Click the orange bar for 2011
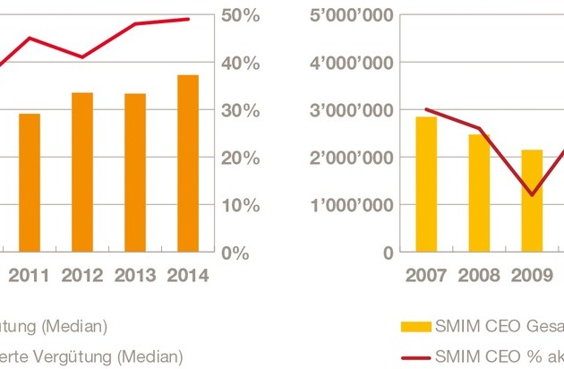[x=30, y=183]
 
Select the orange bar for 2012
[x=82, y=172]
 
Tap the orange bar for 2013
[x=135, y=173]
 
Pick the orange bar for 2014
[x=188, y=163]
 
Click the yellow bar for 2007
[x=426, y=184]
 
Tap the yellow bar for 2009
[x=532, y=201]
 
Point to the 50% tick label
[x=240, y=16]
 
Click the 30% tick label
[x=240, y=111]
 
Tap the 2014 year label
[x=188, y=276]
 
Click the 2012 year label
[x=82, y=276]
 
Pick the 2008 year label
[x=479, y=276]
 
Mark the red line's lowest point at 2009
[x=532, y=194]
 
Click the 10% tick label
[x=240, y=205]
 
